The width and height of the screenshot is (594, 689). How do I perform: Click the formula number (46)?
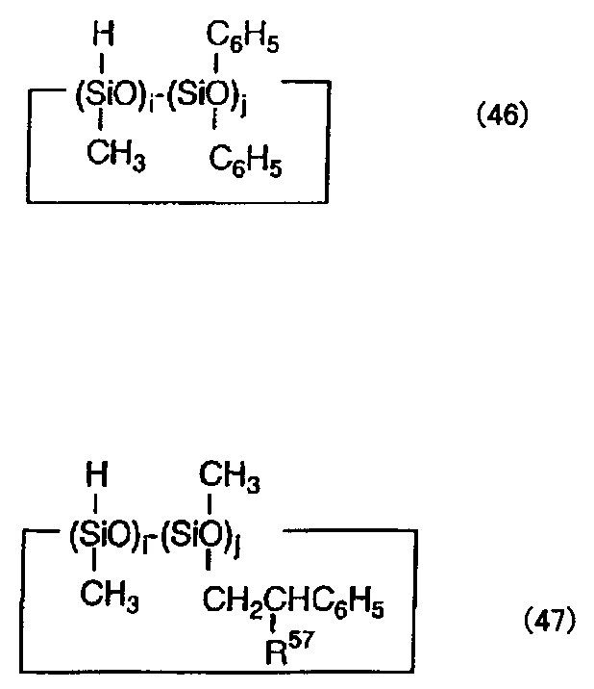click(503, 116)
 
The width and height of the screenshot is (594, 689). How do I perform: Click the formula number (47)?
click(550, 621)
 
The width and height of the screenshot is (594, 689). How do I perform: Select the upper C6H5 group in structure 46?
click(242, 39)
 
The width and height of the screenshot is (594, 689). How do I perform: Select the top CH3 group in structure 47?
click(229, 476)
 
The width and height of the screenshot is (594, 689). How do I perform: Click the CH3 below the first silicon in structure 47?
click(110, 597)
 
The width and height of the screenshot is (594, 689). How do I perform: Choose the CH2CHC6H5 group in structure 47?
click(293, 602)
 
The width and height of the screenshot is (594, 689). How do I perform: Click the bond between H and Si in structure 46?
click(102, 64)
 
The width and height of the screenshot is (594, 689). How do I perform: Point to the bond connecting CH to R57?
click(275, 624)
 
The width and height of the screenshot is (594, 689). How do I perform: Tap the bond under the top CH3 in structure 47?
click(210, 504)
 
